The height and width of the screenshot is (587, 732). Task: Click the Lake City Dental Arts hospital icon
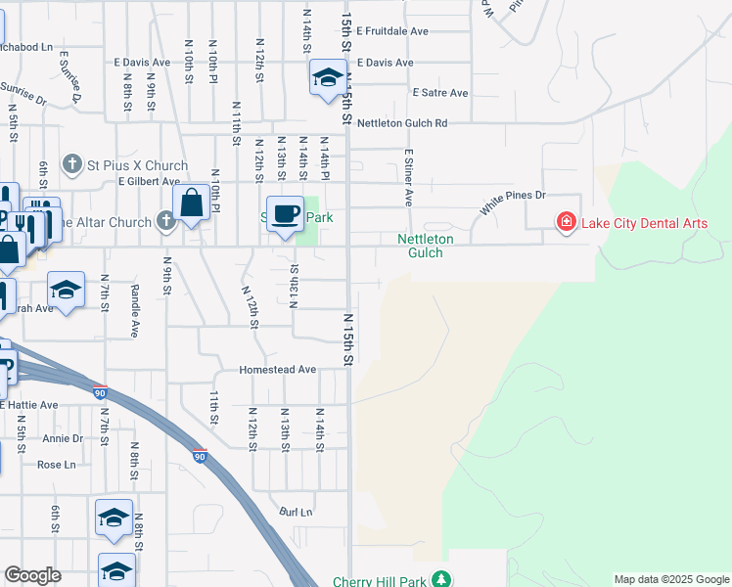[566, 223]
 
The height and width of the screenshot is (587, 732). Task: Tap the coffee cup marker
[285, 212]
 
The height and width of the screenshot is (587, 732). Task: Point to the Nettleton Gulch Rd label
[401, 123]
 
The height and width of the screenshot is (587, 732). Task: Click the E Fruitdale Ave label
[392, 31]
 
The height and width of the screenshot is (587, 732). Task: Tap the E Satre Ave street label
[440, 93]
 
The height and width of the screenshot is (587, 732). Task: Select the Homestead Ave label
[279, 370]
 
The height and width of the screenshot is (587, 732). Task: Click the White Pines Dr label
[512, 203]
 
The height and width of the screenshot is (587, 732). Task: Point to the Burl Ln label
[296, 512]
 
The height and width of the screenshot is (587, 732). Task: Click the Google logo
[32, 575]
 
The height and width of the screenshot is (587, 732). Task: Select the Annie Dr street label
[63, 438]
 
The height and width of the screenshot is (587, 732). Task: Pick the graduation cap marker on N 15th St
[327, 77]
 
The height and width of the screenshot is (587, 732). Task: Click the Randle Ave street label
[135, 304]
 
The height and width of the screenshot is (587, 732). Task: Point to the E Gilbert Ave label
[149, 181]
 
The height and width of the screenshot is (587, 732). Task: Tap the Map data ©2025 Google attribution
[671, 579]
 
